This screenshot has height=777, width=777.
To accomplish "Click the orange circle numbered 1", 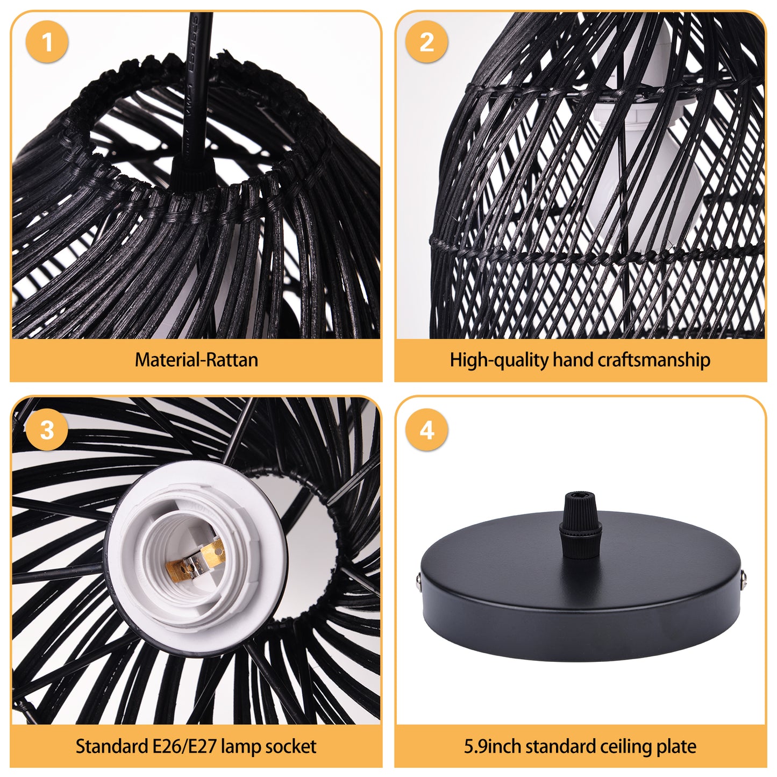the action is pos(47,42).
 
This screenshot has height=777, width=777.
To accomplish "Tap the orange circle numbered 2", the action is pos(426,42).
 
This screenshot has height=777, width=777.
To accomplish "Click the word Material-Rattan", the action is pos(196,360).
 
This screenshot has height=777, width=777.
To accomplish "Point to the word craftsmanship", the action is pos(654,360).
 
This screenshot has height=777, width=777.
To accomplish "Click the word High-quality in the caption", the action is pos(499,360).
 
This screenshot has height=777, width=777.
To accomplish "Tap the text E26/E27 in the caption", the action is pos(184,746).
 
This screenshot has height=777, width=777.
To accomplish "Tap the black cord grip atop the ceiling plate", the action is pos(580,525).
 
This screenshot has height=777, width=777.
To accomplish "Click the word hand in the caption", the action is pos(573,359).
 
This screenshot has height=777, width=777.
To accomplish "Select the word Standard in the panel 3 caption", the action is pos(112,746).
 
